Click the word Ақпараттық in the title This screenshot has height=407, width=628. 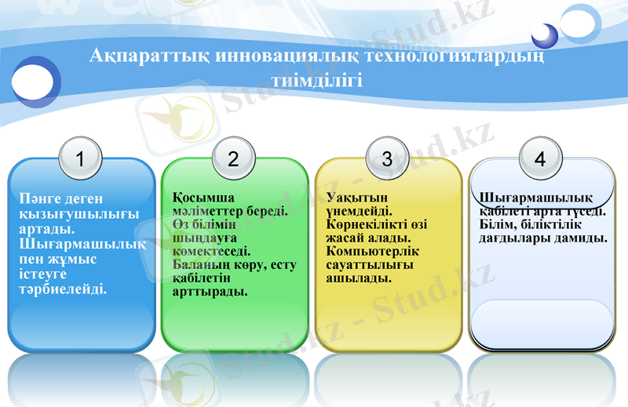pos(139,57)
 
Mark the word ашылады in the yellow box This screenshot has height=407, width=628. pos(359,278)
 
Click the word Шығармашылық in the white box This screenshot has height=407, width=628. pos(535,196)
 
